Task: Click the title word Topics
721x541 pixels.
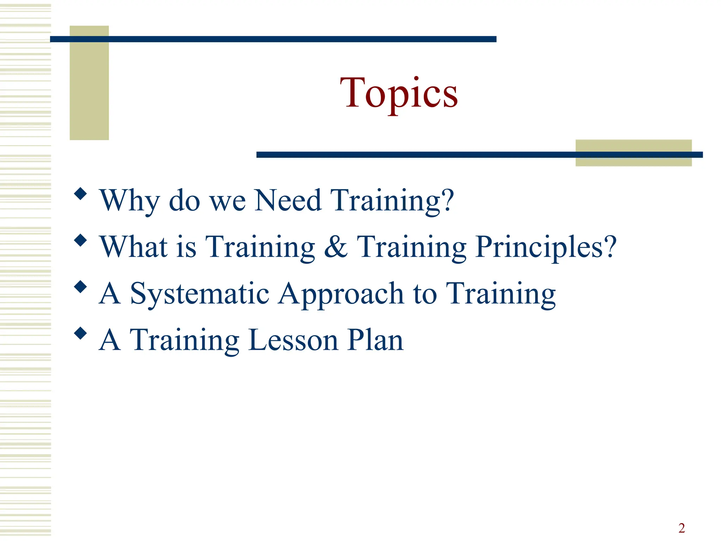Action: click(399, 93)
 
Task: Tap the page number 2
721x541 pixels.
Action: click(682, 528)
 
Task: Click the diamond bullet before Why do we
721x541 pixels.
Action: click(81, 194)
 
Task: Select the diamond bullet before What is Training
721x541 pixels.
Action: click(81, 240)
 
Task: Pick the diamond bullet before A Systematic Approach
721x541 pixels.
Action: click(81, 287)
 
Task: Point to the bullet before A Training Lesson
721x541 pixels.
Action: click(81, 333)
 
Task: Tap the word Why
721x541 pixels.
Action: click(130, 201)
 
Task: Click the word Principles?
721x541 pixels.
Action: click(546, 247)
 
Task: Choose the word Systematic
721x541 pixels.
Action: click(200, 294)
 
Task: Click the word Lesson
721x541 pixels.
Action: click(293, 340)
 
